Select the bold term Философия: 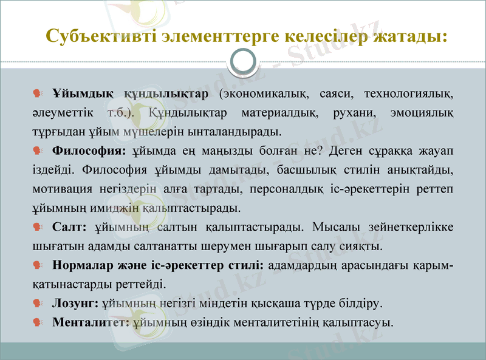pos(89,151)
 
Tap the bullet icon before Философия pos(37,151)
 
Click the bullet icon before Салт pos(37,228)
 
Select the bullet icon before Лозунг pos(37,302)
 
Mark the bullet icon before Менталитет pos(37,322)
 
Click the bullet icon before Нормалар pos(37,265)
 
